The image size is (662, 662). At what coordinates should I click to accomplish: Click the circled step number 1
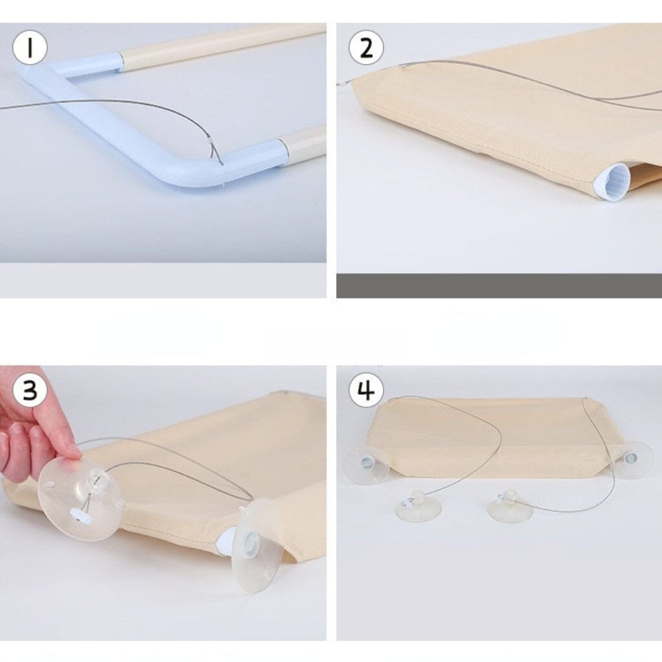point(30,47)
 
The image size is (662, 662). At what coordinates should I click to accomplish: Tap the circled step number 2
point(366,47)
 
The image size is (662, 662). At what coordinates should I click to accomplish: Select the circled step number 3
point(30,389)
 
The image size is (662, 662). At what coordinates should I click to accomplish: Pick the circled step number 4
point(366,389)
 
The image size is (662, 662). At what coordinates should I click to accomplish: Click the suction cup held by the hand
point(80,500)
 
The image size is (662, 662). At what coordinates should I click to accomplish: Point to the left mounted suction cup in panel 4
point(366,464)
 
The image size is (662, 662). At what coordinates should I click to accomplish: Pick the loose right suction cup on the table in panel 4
point(509,506)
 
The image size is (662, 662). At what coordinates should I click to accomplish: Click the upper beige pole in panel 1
point(222,42)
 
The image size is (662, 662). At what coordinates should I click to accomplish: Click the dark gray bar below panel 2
point(499,285)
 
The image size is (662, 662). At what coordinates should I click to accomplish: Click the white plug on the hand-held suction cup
point(79,514)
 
